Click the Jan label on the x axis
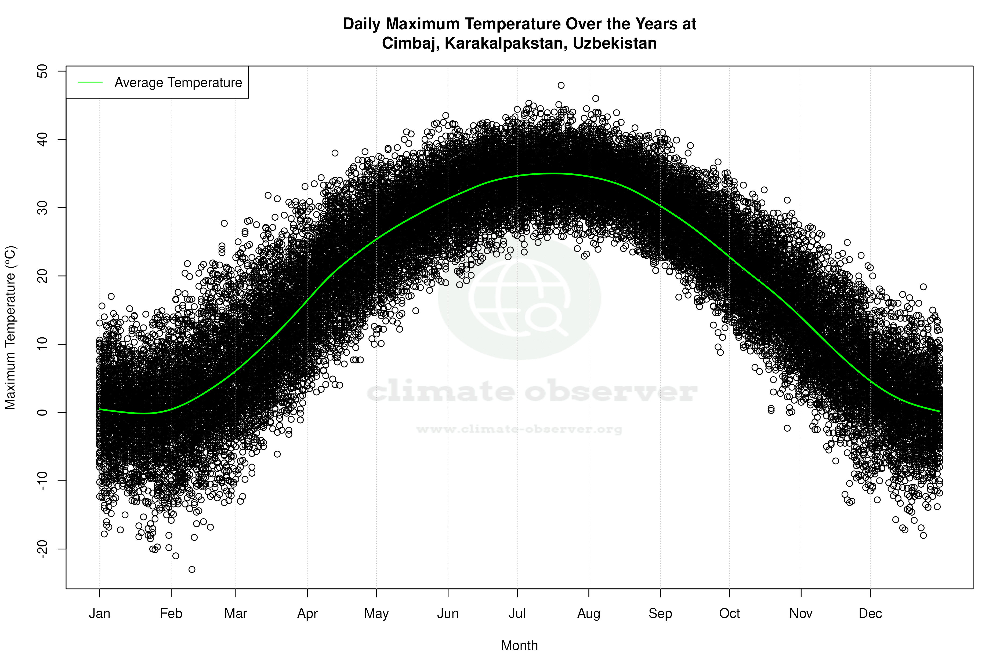(x=99, y=614)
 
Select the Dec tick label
(x=870, y=614)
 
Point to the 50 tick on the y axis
(x=42, y=71)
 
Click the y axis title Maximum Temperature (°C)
(x=10, y=327)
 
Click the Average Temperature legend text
(x=178, y=83)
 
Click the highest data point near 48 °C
(x=561, y=86)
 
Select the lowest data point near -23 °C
(x=192, y=569)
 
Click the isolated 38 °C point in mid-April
(x=335, y=153)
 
